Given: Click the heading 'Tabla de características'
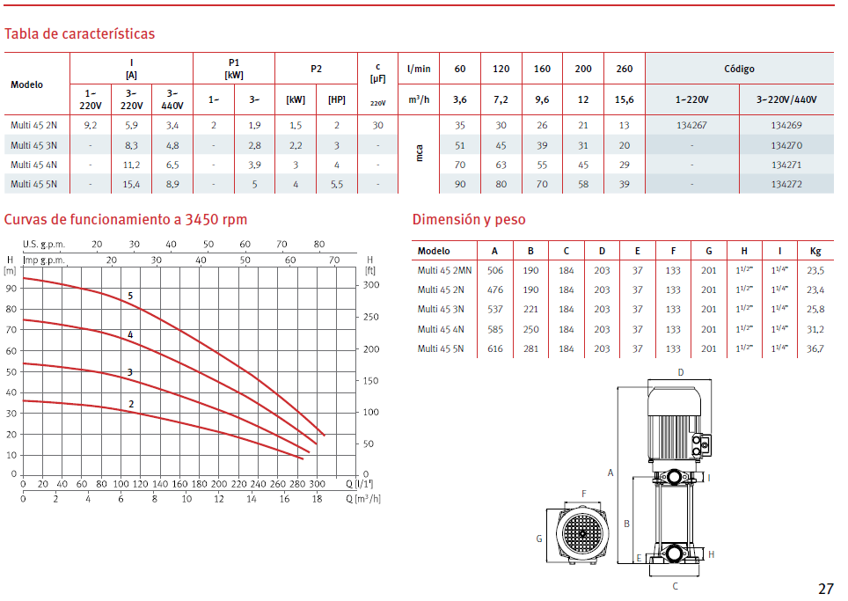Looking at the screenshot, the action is click(79, 34).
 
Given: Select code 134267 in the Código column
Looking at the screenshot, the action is click(691, 126).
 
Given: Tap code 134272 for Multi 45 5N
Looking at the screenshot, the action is click(786, 185).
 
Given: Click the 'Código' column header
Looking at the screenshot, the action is click(739, 70).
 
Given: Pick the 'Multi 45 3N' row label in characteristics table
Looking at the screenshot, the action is click(33, 145).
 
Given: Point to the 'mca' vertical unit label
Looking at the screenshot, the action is click(419, 154).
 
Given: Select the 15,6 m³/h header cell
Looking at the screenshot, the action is click(624, 100).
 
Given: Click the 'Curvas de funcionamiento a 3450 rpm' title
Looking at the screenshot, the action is click(126, 220).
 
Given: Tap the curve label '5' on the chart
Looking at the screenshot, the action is click(130, 296).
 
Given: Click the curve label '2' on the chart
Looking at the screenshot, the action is click(131, 404).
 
